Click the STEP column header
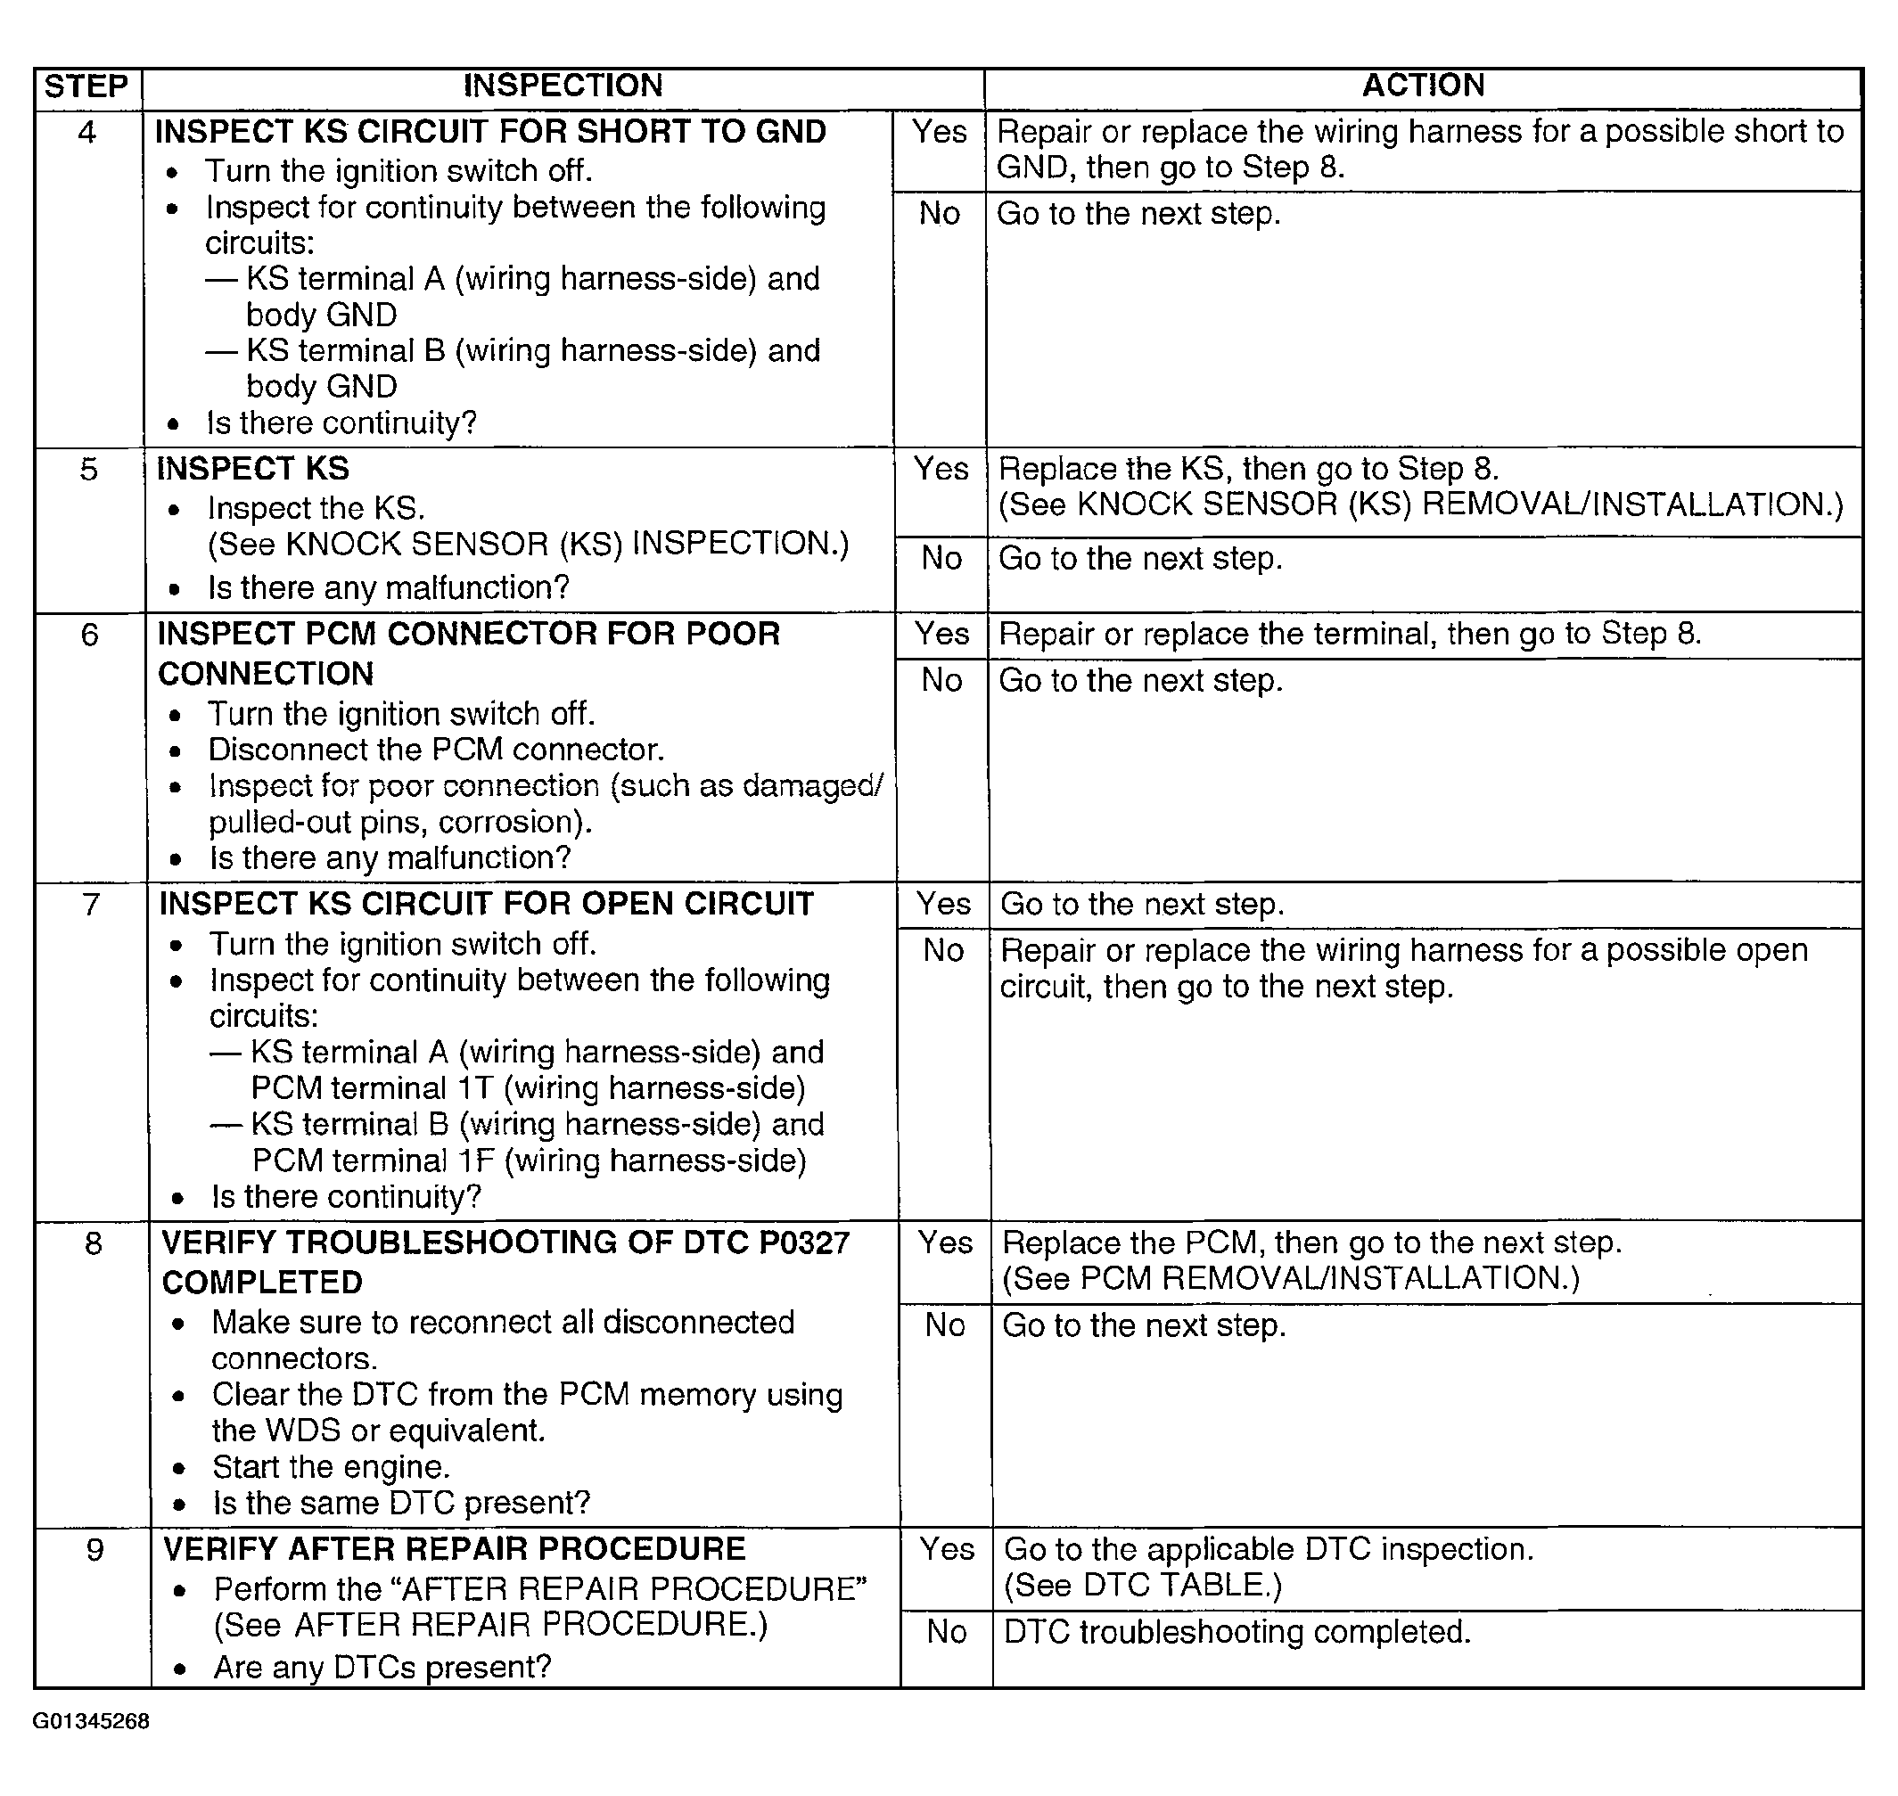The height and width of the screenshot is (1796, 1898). pyautogui.click(x=86, y=87)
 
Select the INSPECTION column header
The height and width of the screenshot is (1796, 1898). pyautogui.click(x=563, y=86)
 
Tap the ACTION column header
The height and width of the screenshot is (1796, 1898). pyautogui.click(x=1423, y=86)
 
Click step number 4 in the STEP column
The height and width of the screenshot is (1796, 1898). pyautogui.click(x=87, y=132)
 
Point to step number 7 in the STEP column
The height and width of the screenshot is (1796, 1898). pyautogui.click(x=91, y=904)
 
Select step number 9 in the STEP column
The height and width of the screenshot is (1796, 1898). pyautogui.click(x=94, y=1549)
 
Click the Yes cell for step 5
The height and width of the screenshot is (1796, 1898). pyautogui.click(x=941, y=469)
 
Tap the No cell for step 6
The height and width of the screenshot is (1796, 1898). pyautogui.click(x=941, y=681)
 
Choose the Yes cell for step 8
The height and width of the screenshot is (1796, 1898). pyautogui.click(x=945, y=1242)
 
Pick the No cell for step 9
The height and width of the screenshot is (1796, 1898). pyautogui.click(x=946, y=1632)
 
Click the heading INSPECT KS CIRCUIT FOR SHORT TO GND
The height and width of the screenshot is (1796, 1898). pyautogui.click(x=490, y=132)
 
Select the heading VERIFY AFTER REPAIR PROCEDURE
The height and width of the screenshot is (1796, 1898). pyautogui.click(x=454, y=1549)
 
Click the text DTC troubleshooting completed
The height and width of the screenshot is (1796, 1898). pyautogui.click(x=1237, y=1632)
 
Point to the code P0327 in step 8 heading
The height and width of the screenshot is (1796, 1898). pyautogui.click(x=803, y=1242)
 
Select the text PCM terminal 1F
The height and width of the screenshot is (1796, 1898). pyautogui.click(x=374, y=1161)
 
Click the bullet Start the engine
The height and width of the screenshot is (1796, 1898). pyautogui.click(x=331, y=1468)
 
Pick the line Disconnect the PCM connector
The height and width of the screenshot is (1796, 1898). pyautogui.click(x=436, y=750)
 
